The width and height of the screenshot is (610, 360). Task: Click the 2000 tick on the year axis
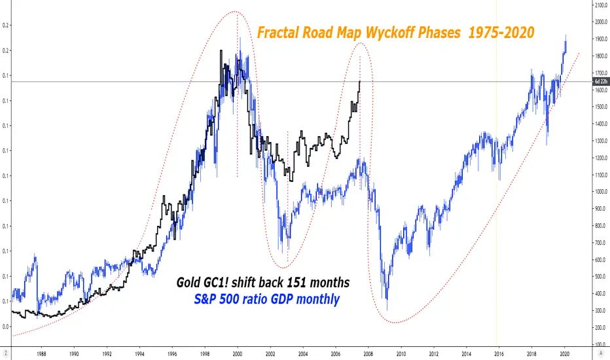point(237,350)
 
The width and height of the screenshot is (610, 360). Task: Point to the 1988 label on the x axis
point(41,350)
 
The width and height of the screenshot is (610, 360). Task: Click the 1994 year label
point(139,350)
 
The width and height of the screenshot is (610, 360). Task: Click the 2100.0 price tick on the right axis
point(600,5)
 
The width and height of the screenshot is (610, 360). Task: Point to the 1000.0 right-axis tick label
point(600,192)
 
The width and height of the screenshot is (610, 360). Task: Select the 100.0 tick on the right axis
point(600,343)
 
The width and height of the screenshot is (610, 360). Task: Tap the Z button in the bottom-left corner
point(6,350)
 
